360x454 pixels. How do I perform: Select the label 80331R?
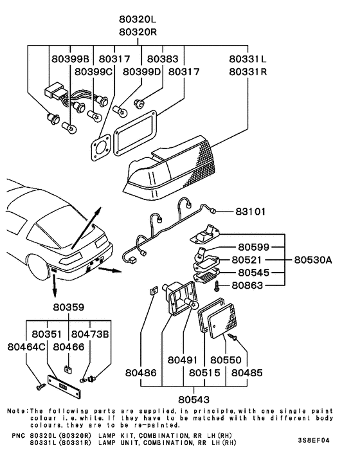248,71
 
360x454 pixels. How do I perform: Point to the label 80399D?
141,71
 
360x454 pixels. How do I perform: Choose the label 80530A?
314,260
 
